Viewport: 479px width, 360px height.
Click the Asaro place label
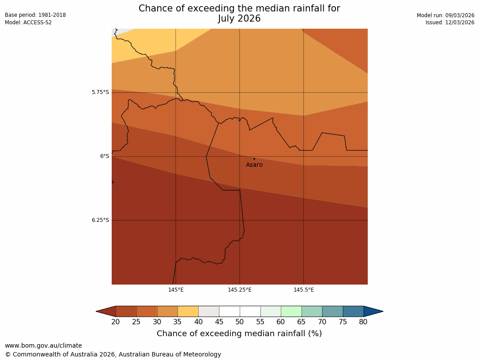point(254,165)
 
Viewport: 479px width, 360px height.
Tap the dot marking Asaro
point(254,159)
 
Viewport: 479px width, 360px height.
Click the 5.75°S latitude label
point(100,92)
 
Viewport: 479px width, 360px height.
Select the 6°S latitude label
point(104,156)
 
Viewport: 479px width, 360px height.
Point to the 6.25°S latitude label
point(100,220)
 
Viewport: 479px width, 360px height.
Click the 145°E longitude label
point(176,290)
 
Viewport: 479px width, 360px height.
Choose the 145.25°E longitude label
point(240,290)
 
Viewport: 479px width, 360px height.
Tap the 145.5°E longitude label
point(304,290)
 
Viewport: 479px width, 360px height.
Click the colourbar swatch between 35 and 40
point(188,311)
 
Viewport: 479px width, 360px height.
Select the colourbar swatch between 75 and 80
point(353,311)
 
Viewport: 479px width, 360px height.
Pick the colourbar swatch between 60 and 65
point(291,311)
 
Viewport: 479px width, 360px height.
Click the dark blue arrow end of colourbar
point(373,311)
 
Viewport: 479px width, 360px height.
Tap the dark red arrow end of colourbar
point(106,311)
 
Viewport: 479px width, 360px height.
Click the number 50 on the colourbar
point(240,322)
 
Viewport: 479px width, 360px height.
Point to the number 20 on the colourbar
point(116,322)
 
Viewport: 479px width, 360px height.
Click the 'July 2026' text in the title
point(239,19)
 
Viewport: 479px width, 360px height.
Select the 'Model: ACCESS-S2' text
point(28,22)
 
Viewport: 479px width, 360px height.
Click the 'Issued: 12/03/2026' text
point(450,22)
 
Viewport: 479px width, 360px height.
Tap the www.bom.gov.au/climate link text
point(43,346)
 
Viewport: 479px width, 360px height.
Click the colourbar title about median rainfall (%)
point(239,334)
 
